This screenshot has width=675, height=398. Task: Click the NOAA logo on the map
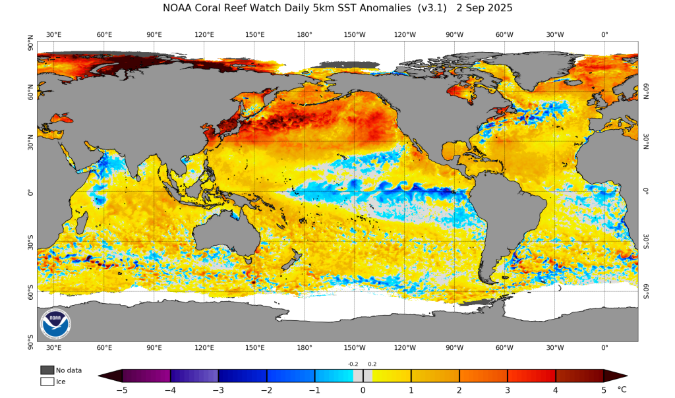click(x=55, y=324)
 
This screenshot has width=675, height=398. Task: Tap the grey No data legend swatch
click(x=47, y=370)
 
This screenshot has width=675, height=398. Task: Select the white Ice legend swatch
click(x=47, y=381)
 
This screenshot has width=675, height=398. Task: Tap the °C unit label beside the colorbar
click(x=622, y=389)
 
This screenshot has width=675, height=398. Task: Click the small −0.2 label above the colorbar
click(x=353, y=364)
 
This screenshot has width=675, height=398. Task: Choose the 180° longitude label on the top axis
click(x=305, y=34)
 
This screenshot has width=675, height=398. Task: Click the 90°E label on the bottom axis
click(x=154, y=348)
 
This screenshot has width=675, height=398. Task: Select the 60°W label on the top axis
click(x=504, y=34)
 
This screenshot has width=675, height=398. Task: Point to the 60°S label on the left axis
click(x=30, y=291)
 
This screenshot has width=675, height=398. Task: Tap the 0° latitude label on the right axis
click(x=647, y=192)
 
